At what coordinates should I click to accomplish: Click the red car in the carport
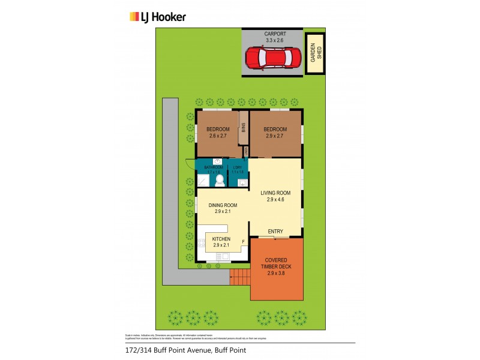point(271,58)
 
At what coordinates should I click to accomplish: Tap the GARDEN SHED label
point(313,54)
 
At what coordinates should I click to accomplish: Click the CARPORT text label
point(271,35)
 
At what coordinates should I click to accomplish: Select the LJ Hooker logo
point(158,17)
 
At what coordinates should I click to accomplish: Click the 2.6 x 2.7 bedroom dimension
point(218,136)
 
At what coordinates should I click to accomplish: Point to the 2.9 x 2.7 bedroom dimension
point(275,136)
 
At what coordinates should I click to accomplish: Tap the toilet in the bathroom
point(219,180)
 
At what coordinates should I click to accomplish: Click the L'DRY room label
point(238,167)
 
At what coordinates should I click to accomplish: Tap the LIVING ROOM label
point(275,193)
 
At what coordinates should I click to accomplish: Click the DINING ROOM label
point(223,205)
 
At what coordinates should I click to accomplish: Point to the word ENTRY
point(275,232)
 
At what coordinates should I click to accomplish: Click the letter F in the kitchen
point(243,242)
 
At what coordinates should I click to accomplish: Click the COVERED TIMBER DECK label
point(277,264)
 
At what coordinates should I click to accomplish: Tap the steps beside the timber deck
point(240,277)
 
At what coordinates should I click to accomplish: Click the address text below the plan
point(177,350)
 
